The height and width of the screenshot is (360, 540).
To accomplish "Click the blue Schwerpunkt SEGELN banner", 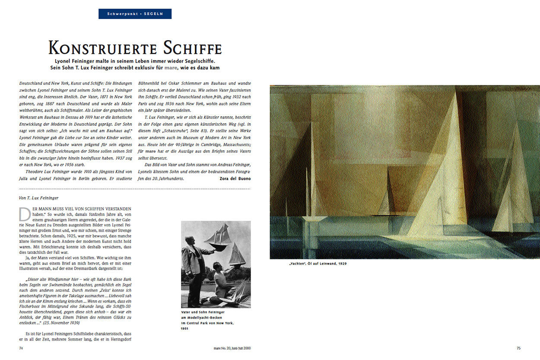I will coord(135,14).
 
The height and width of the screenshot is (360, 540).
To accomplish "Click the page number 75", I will coord(518,347).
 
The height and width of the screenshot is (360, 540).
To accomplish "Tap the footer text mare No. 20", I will coord(225,347).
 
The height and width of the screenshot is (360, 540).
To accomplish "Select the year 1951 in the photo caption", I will coord(185,328).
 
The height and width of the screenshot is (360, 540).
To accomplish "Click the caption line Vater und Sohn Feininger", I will coord(203,312).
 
